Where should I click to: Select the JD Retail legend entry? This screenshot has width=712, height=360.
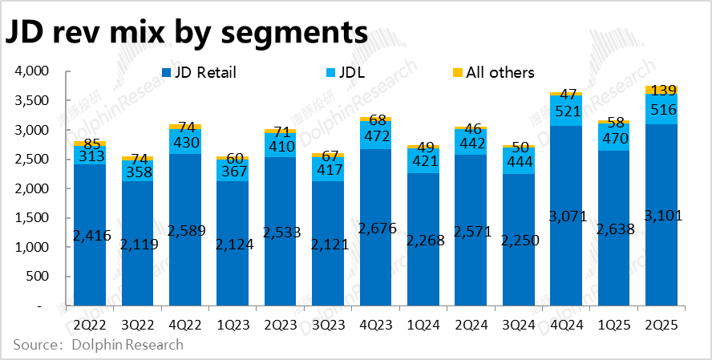coord(198,73)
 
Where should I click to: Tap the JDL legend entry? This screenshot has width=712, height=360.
coord(345,73)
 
